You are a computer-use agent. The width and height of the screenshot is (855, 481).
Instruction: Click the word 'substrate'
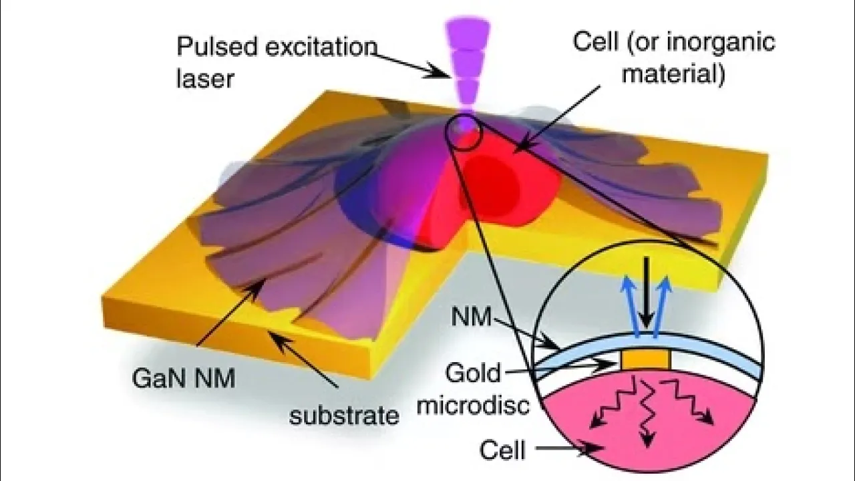pyautogui.click(x=344, y=416)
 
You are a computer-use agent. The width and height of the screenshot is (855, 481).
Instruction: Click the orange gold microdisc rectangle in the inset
pyautogui.click(x=645, y=360)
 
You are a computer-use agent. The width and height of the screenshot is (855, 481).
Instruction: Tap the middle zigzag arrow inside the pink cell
pyautogui.click(x=645, y=414)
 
